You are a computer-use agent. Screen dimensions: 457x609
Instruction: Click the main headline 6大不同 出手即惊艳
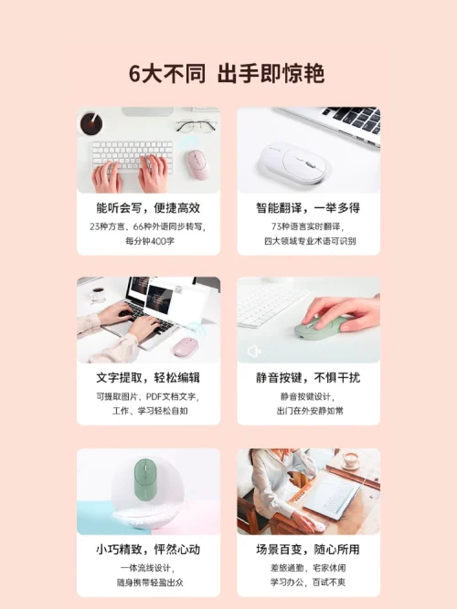(x=227, y=73)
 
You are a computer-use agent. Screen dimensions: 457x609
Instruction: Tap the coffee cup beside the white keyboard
(x=91, y=122)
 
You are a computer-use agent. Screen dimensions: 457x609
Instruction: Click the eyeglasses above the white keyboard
(x=197, y=126)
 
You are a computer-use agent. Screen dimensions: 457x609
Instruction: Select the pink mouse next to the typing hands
(x=197, y=164)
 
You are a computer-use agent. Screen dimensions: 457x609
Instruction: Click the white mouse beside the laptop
(x=295, y=163)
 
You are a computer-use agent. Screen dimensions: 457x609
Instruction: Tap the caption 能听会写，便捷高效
(x=148, y=208)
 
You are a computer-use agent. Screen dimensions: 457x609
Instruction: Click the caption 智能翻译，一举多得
(x=308, y=208)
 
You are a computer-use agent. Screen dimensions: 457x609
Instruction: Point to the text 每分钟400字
(x=150, y=241)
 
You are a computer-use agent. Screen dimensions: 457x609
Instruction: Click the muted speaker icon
(x=254, y=352)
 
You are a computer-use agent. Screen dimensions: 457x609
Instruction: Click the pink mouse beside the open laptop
(x=186, y=347)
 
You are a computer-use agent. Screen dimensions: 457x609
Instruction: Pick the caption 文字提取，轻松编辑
(x=148, y=378)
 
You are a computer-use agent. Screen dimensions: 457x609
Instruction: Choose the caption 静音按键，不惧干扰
(x=308, y=378)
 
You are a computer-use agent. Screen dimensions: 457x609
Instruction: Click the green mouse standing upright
(x=143, y=478)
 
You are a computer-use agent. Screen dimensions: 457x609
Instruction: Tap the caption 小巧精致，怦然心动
(x=148, y=550)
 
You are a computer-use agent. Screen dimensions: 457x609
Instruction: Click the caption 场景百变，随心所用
(x=308, y=550)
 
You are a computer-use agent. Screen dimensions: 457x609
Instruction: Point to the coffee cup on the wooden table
(x=352, y=459)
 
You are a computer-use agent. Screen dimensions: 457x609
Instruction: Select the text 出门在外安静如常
(x=310, y=411)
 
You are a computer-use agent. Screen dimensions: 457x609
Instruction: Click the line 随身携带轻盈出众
(x=150, y=583)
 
